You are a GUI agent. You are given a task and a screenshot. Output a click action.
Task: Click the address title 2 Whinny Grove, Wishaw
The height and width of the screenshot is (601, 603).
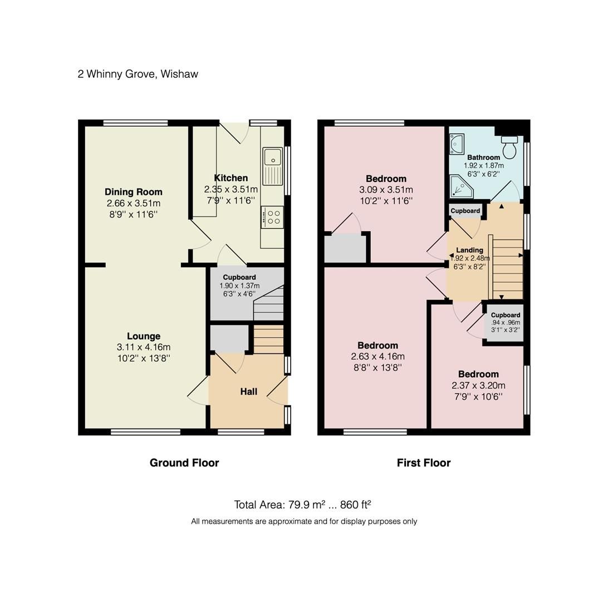click(x=138, y=74)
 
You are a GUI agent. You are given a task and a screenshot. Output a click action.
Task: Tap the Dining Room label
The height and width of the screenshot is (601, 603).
click(x=134, y=193)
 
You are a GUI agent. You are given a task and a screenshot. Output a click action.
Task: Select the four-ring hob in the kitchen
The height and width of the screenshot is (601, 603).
click(x=272, y=216)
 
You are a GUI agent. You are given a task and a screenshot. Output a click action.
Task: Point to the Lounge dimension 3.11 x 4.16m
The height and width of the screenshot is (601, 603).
click(x=144, y=347)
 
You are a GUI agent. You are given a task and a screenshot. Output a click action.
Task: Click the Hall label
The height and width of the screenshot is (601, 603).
click(x=248, y=392)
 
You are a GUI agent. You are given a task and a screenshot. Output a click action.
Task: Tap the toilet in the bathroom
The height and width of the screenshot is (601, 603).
click(x=509, y=147)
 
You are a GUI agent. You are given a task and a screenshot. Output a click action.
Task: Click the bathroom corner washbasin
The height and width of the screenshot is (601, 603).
click(x=456, y=144)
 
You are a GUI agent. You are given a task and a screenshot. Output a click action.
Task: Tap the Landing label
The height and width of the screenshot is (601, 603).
click(x=469, y=250)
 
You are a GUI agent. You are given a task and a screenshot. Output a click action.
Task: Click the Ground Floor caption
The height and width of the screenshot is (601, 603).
click(x=184, y=463)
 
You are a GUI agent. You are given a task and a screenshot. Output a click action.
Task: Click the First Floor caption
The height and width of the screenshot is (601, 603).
click(x=423, y=463)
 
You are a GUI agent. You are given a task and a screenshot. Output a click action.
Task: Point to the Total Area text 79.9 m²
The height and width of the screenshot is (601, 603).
click(x=302, y=505)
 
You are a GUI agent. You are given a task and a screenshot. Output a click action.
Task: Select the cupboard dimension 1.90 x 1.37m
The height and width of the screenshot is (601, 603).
click(x=239, y=286)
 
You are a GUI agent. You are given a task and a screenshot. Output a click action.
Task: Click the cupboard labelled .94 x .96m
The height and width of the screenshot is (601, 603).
click(x=505, y=323)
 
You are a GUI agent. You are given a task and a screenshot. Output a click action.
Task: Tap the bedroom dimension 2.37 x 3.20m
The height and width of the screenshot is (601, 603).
click(x=478, y=386)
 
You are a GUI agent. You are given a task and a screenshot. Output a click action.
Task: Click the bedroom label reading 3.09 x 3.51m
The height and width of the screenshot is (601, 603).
click(x=386, y=190)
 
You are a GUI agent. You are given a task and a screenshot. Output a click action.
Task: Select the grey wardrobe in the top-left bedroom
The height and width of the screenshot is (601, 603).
click(x=345, y=248)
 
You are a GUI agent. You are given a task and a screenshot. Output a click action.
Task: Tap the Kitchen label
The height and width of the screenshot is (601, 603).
click(x=231, y=178)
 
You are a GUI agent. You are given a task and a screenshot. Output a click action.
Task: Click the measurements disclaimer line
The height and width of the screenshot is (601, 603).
click(x=304, y=521)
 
